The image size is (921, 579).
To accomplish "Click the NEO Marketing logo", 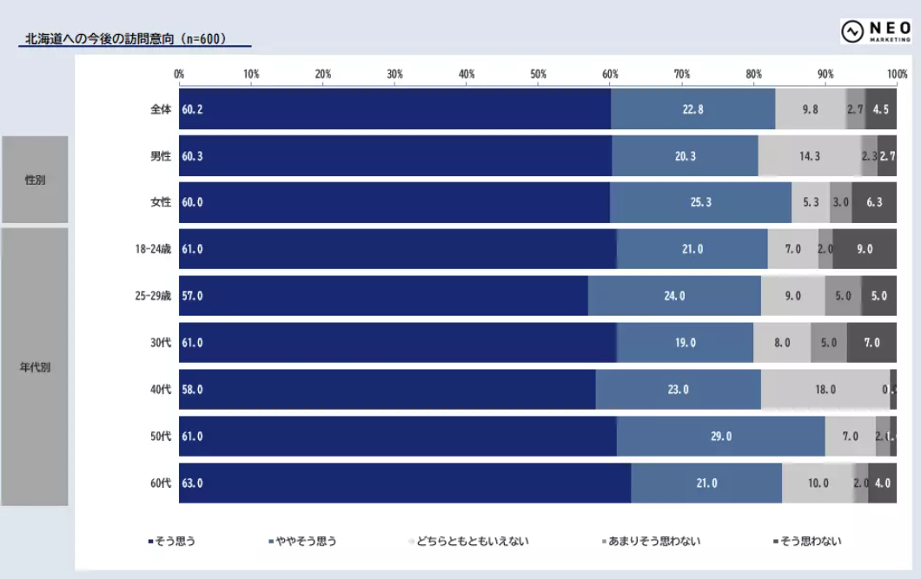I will [x=874, y=31].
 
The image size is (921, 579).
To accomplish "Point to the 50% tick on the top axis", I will [x=539, y=74].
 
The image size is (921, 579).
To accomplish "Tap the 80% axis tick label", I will [x=754, y=74].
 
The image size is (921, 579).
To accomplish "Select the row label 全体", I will [x=161, y=109].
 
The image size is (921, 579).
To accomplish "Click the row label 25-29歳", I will [x=152, y=296].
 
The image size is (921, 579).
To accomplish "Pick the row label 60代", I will [x=161, y=484].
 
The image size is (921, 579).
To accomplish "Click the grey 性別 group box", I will [x=35, y=180].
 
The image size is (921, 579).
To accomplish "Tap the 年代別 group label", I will [x=35, y=367].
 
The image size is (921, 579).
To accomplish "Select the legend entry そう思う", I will [x=175, y=542].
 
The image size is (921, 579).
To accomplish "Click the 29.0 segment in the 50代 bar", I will [x=720, y=437].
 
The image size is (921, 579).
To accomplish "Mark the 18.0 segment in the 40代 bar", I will [x=825, y=390].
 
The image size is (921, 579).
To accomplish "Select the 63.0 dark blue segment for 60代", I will [x=405, y=484].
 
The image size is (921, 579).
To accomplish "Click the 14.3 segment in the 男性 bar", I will [x=809, y=156].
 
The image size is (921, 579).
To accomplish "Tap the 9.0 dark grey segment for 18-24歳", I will [x=865, y=249].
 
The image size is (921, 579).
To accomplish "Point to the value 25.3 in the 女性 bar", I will [x=700, y=202].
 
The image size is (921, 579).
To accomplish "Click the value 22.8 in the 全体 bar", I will [x=692, y=109].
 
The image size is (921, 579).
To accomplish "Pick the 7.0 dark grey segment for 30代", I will [x=871, y=343].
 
